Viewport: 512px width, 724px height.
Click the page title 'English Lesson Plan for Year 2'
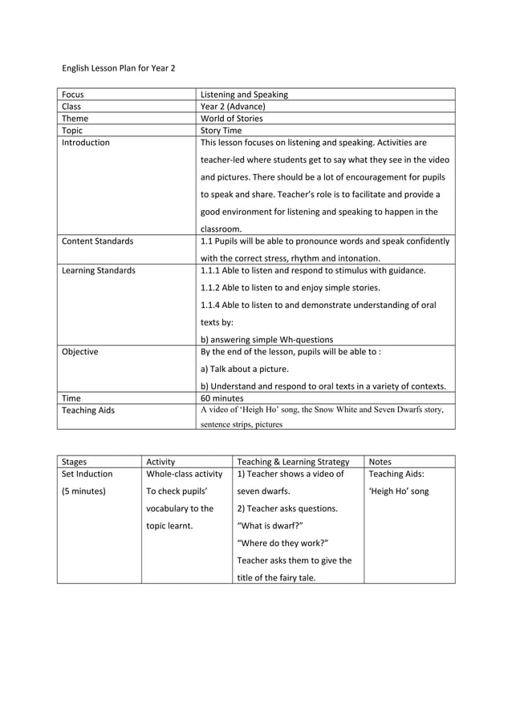click(118, 68)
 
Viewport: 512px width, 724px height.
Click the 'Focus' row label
click(74, 95)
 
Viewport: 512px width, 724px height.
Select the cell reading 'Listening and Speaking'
click(244, 95)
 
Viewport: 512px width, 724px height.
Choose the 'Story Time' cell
click(221, 131)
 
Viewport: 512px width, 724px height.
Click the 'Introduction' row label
click(86, 143)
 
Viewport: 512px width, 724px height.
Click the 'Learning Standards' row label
click(99, 271)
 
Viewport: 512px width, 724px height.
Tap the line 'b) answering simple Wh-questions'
click(266, 339)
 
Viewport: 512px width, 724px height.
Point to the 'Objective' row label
click(80, 351)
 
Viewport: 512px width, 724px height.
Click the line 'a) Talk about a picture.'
click(244, 369)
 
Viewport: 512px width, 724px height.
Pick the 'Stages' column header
click(75, 462)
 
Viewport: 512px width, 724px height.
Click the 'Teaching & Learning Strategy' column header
click(293, 462)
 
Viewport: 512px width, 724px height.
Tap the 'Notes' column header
click(380, 462)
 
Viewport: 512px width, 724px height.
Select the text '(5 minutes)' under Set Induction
click(83, 491)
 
